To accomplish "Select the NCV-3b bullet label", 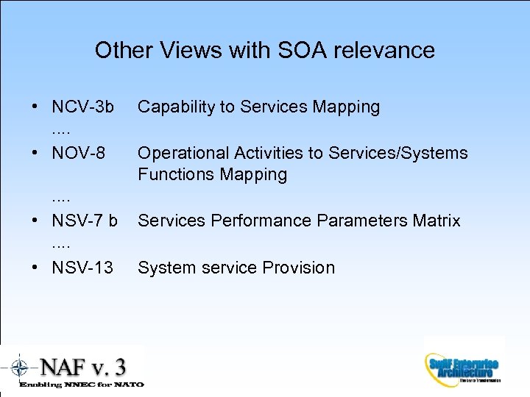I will click(82, 107).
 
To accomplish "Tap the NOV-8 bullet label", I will click(78, 153).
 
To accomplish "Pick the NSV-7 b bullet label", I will click(85, 221).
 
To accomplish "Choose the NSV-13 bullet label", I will click(82, 268).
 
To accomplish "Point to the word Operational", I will click(183, 153).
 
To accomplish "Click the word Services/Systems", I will click(398, 153).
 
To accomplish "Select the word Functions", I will click(175, 174).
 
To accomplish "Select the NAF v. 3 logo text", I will click(82, 366).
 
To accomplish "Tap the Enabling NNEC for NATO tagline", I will click(81, 384).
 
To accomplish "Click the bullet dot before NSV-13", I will click(36, 268).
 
